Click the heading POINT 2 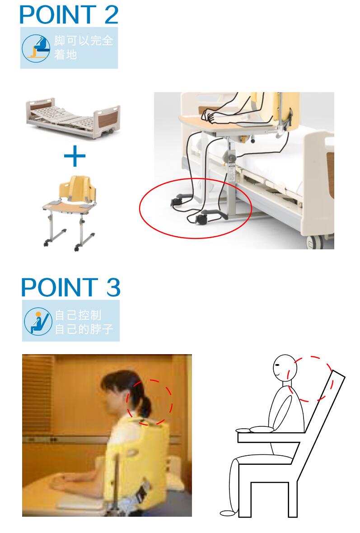pyautogui.click(x=69, y=14)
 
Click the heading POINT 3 pyautogui.click(x=70, y=287)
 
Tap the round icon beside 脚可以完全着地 pyautogui.click(x=36, y=47)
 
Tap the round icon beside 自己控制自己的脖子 pyautogui.click(x=36, y=321)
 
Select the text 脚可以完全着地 pyautogui.click(x=84, y=47)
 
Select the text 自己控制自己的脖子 pyautogui.click(x=84, y=321)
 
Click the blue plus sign pyautogui.click(x=75, y=156)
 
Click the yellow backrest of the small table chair pyautogui.click(x=78, y=190)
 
